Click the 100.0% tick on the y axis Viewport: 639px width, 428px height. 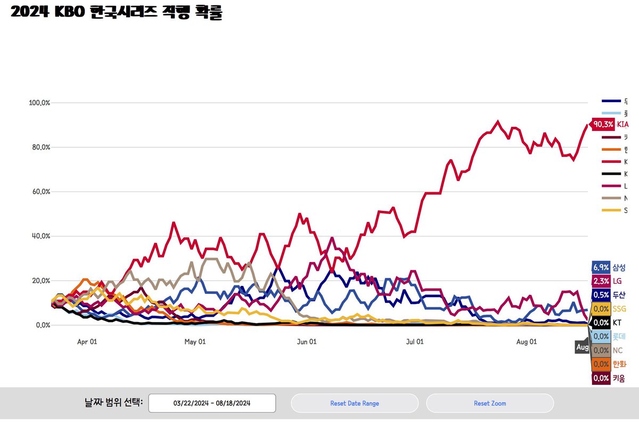click(39, 102)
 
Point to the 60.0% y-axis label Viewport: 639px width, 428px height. click(39, 192)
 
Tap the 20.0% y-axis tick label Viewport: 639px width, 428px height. click(39, 281)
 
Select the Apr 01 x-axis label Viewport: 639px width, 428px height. click(87, 342)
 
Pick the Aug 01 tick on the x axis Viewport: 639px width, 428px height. click(526, 342)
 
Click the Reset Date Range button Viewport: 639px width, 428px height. click(355, 404)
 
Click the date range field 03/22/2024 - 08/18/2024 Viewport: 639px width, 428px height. click(212, 404)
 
